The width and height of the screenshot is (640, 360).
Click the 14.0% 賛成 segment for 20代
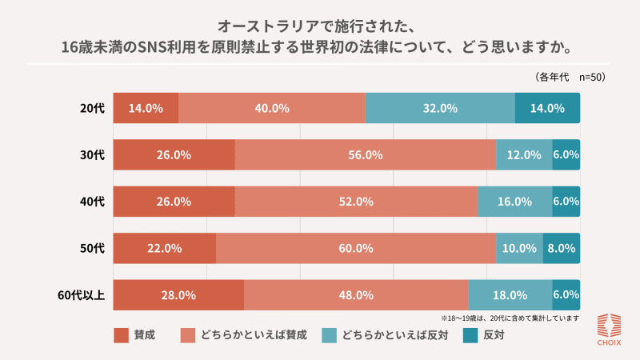(146, 108)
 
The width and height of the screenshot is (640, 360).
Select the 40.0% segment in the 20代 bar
(272, 108)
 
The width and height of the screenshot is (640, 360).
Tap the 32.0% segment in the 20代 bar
(440, 108)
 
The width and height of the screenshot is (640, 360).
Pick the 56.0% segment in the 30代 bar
(365, 154)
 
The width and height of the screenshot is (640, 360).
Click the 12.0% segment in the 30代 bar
(524, 154)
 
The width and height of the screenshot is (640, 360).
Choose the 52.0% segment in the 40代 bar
(356, 202)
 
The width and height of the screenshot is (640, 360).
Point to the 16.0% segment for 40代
(514, 202)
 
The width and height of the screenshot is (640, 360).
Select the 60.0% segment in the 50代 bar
(356, 248)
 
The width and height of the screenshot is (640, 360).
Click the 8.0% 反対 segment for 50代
(561, 248)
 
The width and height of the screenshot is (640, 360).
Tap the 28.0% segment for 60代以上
(178, 294)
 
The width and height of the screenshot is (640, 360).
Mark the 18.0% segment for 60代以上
(510, 294)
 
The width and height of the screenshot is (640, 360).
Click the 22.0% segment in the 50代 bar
(165, 248)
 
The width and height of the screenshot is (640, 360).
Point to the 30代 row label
(92, 154)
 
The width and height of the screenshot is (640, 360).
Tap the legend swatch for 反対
(470, 335)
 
